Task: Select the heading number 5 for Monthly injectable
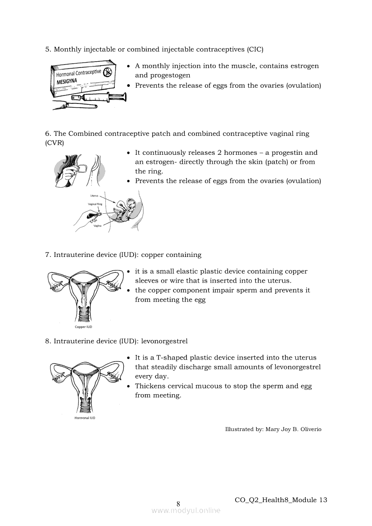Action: click(x=47, y=49)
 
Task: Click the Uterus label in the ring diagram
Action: click(x=94, y=196)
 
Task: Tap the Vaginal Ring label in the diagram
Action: click(x=95, y=204)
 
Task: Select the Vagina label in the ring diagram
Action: click(x=97, y=226)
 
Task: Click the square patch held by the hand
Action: click(x=83, y=169)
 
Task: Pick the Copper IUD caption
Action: click(x=83, y=327)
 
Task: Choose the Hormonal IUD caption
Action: click(x=85, y=418)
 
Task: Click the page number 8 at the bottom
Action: click(x=178, y=504)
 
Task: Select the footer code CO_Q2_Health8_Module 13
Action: click(x=281, y=500)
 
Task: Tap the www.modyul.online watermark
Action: click(x=186, y=510)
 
